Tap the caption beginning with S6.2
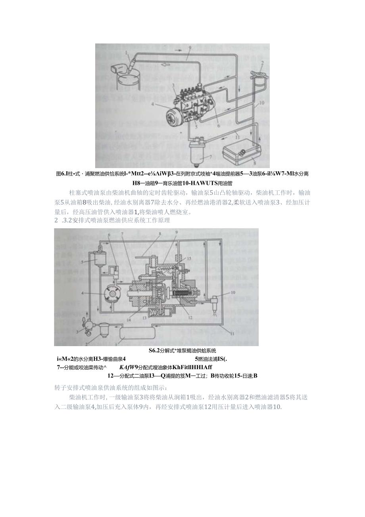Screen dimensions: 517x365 [x=182, y=350]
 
